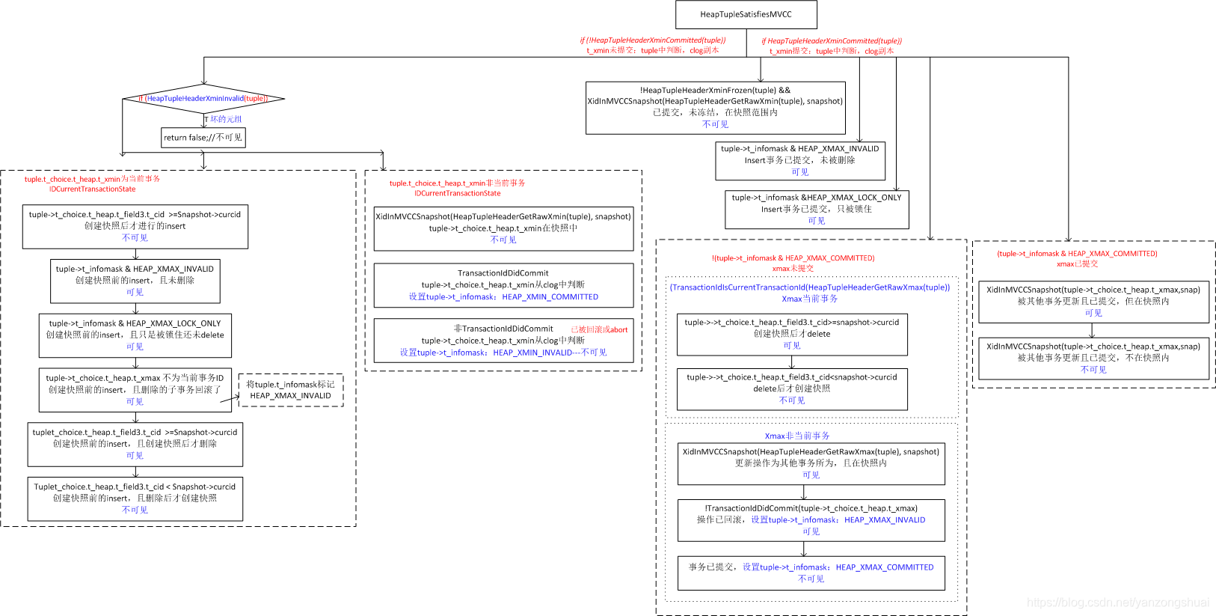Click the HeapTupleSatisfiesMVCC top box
(x=746, y=14)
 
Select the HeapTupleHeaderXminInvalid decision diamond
(x=203, y=98)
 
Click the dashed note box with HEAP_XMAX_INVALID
(x=290, y=390)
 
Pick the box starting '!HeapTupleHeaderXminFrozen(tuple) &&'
(x=715, y=107)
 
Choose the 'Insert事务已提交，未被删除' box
(x=799, y=160)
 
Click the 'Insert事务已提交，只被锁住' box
(x=816, y=209)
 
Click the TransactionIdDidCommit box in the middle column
(x=503, y=284)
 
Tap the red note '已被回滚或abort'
(x=599, y=329)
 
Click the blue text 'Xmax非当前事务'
(x=796, y=436)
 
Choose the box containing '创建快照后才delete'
(x=791, y=334)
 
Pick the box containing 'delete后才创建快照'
(x=791, y=388)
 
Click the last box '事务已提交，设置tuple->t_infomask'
(x=811, y=573)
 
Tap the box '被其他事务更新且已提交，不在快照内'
(x=1093, y=358)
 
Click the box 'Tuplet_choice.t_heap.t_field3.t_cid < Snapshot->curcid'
(x=135, y=498)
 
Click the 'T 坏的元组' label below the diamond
(x=224, y=119)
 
